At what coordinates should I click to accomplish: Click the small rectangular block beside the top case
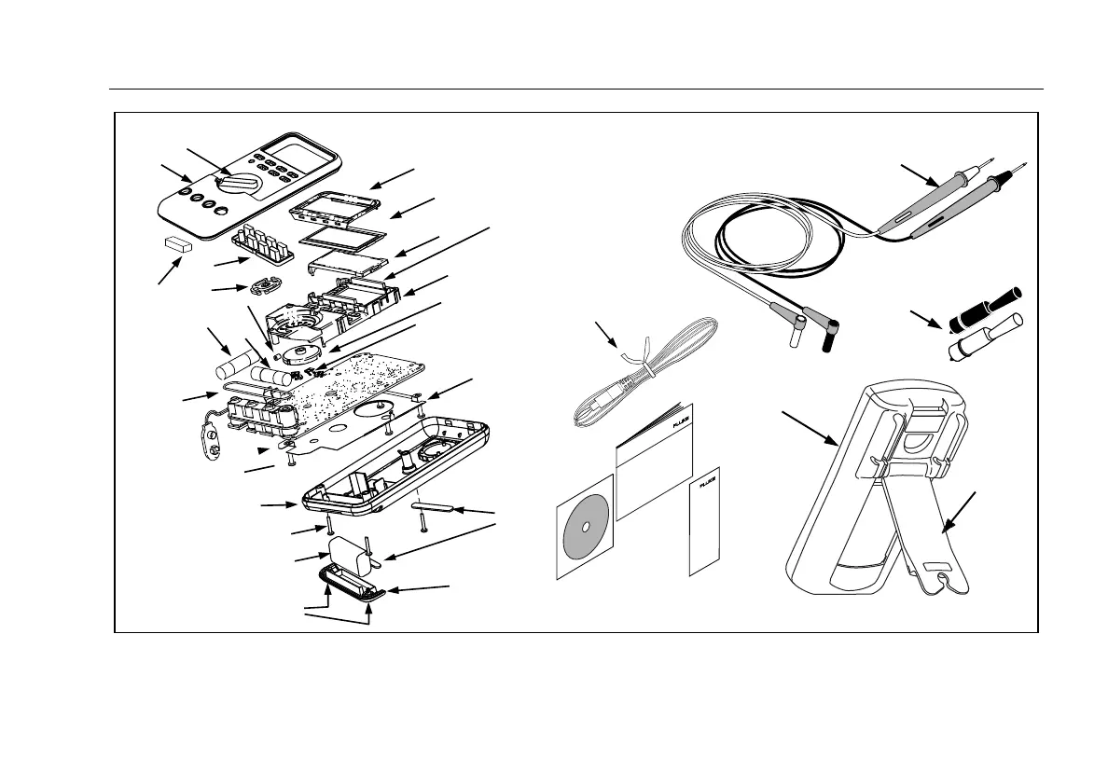click(175, 244)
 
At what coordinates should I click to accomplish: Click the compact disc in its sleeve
click(584, 527)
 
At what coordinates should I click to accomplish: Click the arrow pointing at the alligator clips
click(928, 322)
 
